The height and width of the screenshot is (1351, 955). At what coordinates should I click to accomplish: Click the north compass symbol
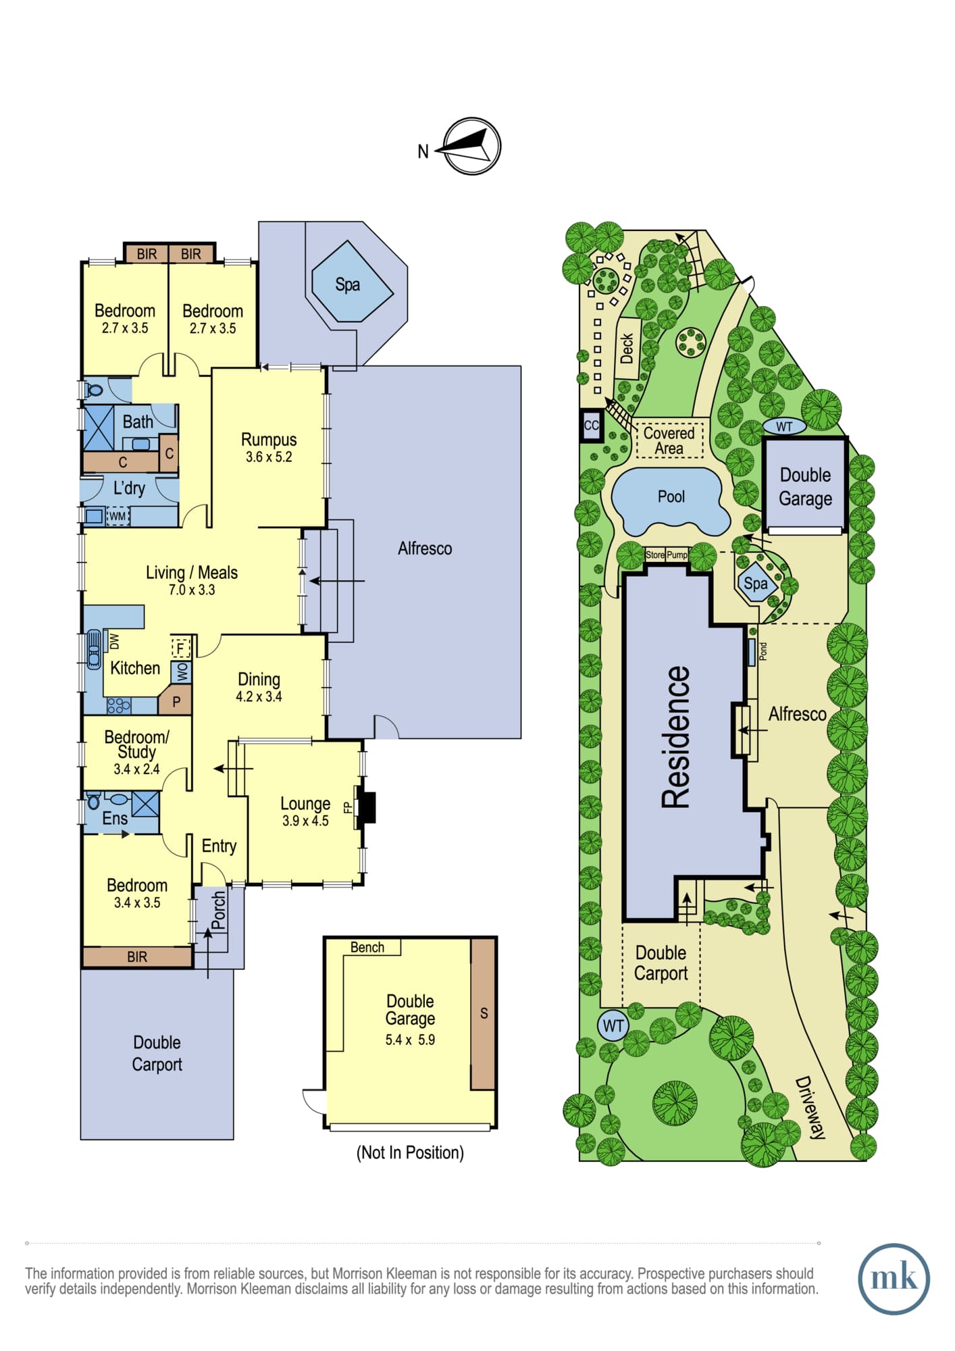(x=473, y=147)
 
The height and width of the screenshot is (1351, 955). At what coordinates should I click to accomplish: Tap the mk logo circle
(x=894, y=1279)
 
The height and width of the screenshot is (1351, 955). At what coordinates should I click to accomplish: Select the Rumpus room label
(x=269, y=440)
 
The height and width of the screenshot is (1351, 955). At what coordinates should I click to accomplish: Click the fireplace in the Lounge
(x=366, y=807)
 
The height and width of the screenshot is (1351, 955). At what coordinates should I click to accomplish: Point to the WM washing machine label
(x=118, y=516)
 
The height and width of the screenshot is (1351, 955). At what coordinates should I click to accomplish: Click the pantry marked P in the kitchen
(x=176, y=701)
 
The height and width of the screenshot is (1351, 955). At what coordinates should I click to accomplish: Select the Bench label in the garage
(x=367, y=947)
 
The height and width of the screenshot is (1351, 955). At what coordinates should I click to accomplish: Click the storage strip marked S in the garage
(x=483, y=1013)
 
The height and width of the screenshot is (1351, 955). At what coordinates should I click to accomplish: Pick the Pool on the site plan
(x=671, y=499)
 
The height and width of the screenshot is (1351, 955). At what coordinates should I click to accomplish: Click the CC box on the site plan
(x=592, y=426)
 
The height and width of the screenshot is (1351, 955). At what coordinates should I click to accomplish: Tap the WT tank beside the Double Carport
(x=613, y=1026)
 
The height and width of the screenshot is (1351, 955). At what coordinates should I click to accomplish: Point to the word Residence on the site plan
(x=676, y=737)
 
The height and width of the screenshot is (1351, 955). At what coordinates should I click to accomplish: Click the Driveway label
(x=810, y=1107)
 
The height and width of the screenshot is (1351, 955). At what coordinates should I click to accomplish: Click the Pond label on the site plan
(x=763, y=651)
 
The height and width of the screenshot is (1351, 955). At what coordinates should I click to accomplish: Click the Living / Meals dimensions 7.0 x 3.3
(x=192, y=590)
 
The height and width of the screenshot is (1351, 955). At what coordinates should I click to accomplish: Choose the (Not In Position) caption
(x=410, y=1152)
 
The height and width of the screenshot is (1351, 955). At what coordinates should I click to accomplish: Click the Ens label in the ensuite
(x=115, y=819)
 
